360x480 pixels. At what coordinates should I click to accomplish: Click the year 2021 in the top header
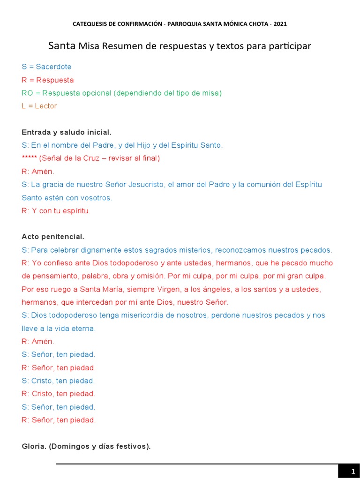(x=280, y=23)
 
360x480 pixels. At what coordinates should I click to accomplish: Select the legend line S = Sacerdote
(x=46, y=67)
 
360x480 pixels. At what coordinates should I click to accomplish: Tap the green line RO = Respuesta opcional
(x=121, y=93)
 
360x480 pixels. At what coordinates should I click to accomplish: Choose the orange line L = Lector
(x=39, y=106)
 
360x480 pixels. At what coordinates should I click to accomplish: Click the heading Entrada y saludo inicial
(x=67, y=132)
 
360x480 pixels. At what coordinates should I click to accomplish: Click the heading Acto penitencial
(x=53, y=237)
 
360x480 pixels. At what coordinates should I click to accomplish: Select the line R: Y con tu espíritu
(x=56, y=211)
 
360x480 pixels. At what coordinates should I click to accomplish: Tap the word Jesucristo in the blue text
(x=146, y=185)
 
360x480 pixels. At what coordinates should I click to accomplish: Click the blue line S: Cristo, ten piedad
(x=59, y=381)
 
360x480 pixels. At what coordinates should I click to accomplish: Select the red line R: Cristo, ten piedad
(x=59, y=394)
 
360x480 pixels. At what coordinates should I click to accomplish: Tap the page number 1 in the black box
(x=353, y=471)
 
